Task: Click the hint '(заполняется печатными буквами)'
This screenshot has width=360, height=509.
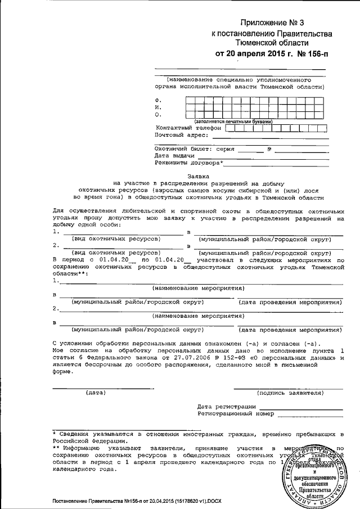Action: [x=233, y=121]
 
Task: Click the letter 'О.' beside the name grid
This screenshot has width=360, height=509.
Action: [x=158, y=114]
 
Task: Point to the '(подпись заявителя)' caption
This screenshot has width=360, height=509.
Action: [x=289, y=393]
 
